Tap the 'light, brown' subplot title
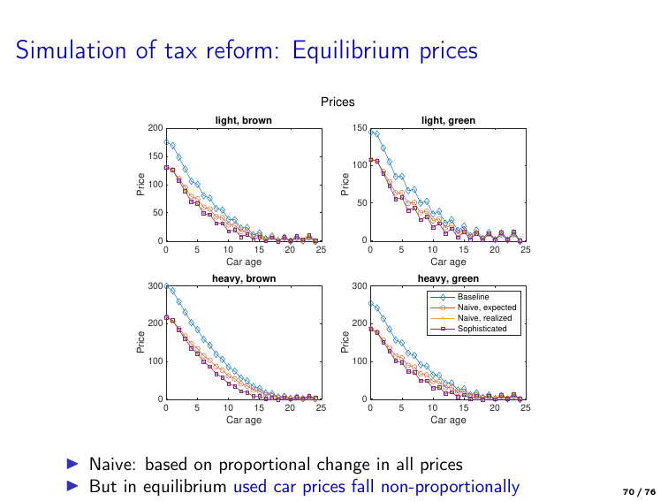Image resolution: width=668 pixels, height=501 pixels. pyautogui.click(x=244, y=120)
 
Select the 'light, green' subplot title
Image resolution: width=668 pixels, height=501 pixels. pyautogui.click(x=448, y=120)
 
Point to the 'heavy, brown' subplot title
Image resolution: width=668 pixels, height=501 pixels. pyautogui.click(x=244, y=278)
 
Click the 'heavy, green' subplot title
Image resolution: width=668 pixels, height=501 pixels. pyautogui.click(x=448, y=278)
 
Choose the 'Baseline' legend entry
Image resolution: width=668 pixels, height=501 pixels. pyautogui.click(x=473, y=297)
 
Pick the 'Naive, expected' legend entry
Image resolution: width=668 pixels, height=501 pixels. pyautogui.click(x=486, y=307)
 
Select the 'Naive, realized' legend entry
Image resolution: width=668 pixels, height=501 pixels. pyautogui.click(x=485, y=318)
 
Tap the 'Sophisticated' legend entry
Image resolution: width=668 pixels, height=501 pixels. pyautogui.click(x=482, y=329)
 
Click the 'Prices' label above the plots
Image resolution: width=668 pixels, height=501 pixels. pyautogui.click(x=338, y=102)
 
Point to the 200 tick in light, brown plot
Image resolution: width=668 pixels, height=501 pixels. pyautogui.click(x=156, y=129)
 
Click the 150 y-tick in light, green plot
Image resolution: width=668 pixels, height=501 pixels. pyautogui.click(x=360, y=129)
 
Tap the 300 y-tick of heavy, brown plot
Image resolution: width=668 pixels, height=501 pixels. pyautogui.click(x=156, y=286)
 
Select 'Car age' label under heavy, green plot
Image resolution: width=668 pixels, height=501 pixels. pyautogui.click(x=448, y=420)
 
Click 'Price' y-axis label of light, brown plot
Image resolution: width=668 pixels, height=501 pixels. pyautogui.click(x=140, y=184)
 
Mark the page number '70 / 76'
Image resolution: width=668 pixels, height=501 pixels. pyautogui.click(x=640, y=491)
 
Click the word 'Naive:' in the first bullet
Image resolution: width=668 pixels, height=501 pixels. pyautogui.click(x=112, y=464)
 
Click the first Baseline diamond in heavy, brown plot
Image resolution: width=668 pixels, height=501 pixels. pyautogui.click(x=167, y=285)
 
